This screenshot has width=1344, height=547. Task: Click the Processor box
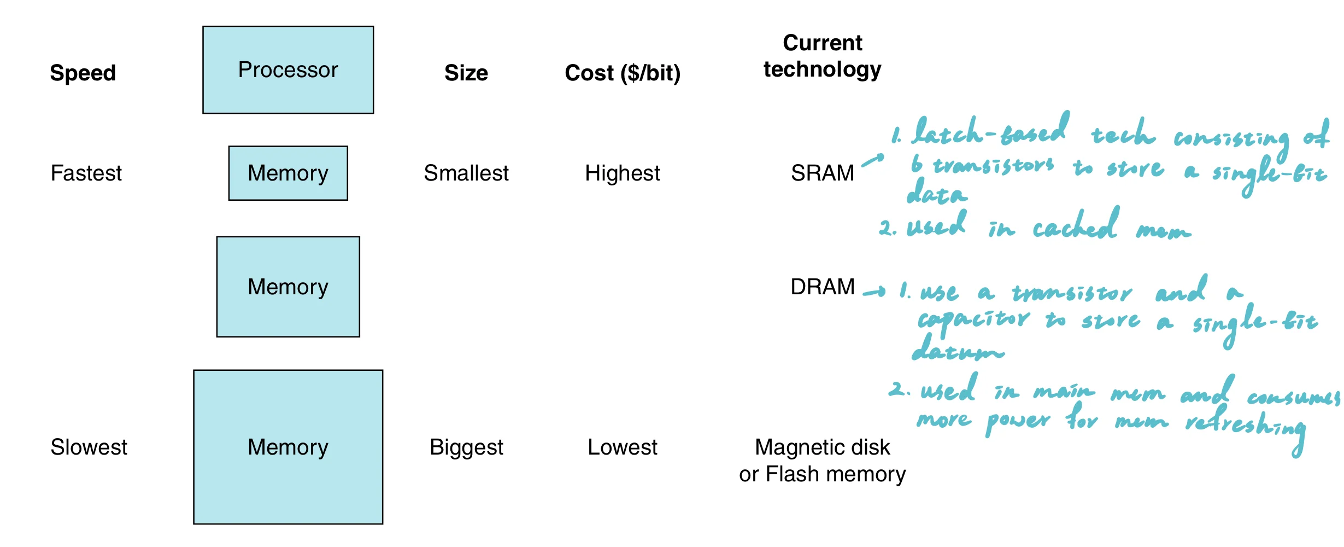(x=288, y=70)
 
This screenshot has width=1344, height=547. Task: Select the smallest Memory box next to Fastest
(x=288, y=173)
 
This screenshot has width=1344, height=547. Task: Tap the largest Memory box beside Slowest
(x=288, y=447)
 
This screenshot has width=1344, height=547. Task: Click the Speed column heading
(x=83, y=73)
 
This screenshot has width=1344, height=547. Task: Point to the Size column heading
(x=466, y=73)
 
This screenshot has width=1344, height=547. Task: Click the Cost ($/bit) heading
(x=623, y=73)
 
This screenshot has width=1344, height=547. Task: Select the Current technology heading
(x=822, y=56)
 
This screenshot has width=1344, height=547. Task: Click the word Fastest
(x=86, y=173)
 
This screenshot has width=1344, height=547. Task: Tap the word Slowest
(x=89, y=447)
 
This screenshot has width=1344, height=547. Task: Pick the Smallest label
(x=466, y=173)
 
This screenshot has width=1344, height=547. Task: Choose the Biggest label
(x=466, y=447)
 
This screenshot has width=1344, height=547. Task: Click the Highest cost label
(x=622, y=173)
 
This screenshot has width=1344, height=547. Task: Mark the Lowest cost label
(x=622, y=447)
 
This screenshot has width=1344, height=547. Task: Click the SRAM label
(x=822, y=173)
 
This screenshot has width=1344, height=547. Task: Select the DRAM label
(x=822, y=287)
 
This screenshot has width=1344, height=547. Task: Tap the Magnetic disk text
(x=822, y=447)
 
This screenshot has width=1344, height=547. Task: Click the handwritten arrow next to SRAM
(x=873, y=160)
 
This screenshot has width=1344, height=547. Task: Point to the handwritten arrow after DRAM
(x=874, y=292)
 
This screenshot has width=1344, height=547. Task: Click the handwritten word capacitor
(x=973, y=319)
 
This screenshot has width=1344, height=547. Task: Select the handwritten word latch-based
(x=990, y=131)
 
